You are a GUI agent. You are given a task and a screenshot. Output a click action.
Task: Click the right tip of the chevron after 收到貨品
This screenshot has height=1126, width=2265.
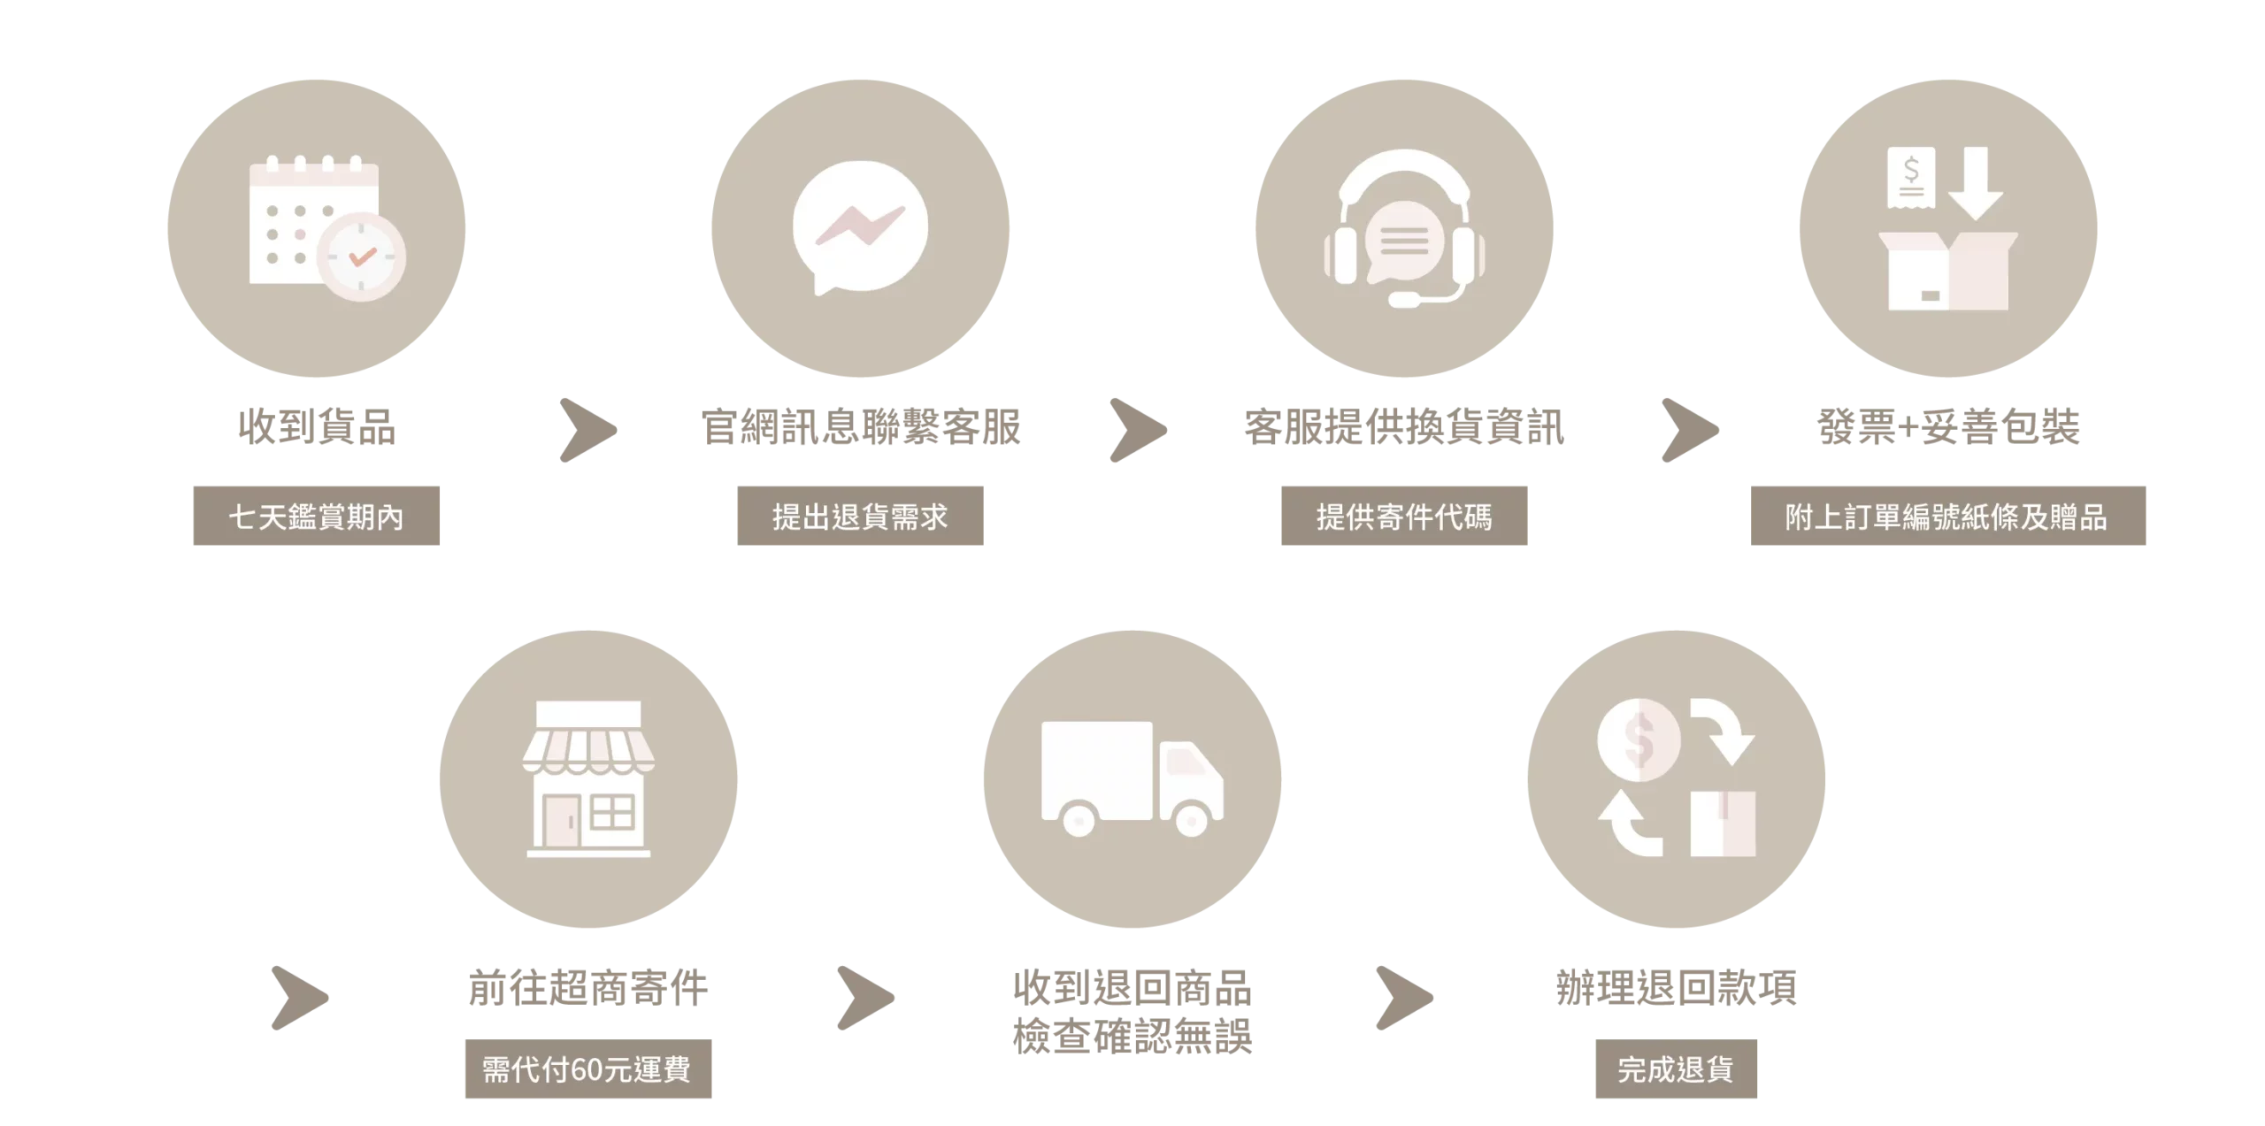click(x=617, y=431)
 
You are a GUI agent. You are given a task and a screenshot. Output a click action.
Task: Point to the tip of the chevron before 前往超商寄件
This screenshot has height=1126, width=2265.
click(x=328, y=998)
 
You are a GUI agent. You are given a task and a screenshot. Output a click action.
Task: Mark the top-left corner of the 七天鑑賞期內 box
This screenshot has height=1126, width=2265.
click(x=194, y=486)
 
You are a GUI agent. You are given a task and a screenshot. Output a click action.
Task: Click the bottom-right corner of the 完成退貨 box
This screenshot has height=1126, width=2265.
click(x=1757, y=1098)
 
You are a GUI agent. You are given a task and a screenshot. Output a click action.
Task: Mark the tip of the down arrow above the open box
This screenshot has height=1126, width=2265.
click(x=1975, y=220)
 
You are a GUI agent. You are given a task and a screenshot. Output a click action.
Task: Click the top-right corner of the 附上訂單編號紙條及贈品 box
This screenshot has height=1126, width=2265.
click(x=2146, y=486)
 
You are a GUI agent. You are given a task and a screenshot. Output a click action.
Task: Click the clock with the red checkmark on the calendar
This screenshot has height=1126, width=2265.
click(x=361, y=257)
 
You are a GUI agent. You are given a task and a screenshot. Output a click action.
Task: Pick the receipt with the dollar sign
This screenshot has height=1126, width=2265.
click(x=1910, y=178)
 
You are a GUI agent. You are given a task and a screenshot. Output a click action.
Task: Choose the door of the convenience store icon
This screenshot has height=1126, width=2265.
click(x=561, y=822)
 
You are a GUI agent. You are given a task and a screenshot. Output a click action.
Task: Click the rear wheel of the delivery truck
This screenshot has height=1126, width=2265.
click(x=1079, y=820)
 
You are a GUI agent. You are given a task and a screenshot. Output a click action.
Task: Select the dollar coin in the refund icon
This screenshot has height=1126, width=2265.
click(x=1638, y=739)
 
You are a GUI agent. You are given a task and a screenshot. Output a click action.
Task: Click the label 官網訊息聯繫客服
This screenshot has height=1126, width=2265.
click(x=860, y=427)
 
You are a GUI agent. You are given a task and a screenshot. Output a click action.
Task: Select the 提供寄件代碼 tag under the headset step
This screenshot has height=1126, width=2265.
click(x=1404, y=516)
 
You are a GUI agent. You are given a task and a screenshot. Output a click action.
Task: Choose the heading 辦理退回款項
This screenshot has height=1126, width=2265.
click(x=1677, y=988)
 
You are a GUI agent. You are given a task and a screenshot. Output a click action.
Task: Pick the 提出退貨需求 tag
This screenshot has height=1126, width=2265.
click(x=860, y=516)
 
